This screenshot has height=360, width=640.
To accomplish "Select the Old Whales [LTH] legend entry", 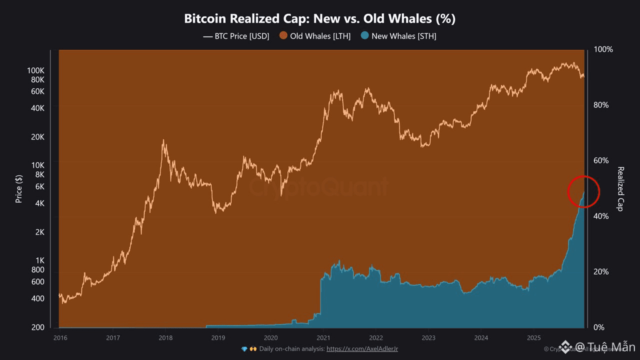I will click(315, 36).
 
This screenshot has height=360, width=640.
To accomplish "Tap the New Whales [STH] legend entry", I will click(398, 36).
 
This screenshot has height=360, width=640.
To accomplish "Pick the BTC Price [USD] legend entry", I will click(236, 36).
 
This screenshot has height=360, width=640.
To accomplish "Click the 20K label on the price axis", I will click(38, 137).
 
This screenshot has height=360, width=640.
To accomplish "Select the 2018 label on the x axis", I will click(165, 337).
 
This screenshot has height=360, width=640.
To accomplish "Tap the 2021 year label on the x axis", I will click(323, 337).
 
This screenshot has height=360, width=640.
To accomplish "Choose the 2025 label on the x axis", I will click(533, 337).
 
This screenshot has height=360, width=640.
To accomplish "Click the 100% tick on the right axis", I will click(603, 49).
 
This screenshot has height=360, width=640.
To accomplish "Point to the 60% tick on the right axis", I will click(603, 160).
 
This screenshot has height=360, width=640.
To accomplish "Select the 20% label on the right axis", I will click(603, 271).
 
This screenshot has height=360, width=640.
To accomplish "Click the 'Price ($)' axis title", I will click(19, 188).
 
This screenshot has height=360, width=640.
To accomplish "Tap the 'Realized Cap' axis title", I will click(620, 188).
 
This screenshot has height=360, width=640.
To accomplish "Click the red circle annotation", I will click(583, 191).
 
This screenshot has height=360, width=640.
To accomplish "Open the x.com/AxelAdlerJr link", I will click(362, 349).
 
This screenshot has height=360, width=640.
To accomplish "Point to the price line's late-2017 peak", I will click(163, 141).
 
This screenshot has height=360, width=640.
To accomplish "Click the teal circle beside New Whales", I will click(365, 36).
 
